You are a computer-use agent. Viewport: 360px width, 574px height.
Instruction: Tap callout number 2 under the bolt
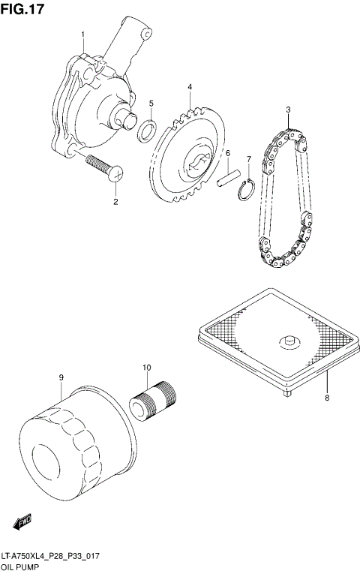115,202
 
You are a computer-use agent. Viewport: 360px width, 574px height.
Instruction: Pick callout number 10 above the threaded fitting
147,368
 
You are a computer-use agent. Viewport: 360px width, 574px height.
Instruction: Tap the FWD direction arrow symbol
22,518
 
